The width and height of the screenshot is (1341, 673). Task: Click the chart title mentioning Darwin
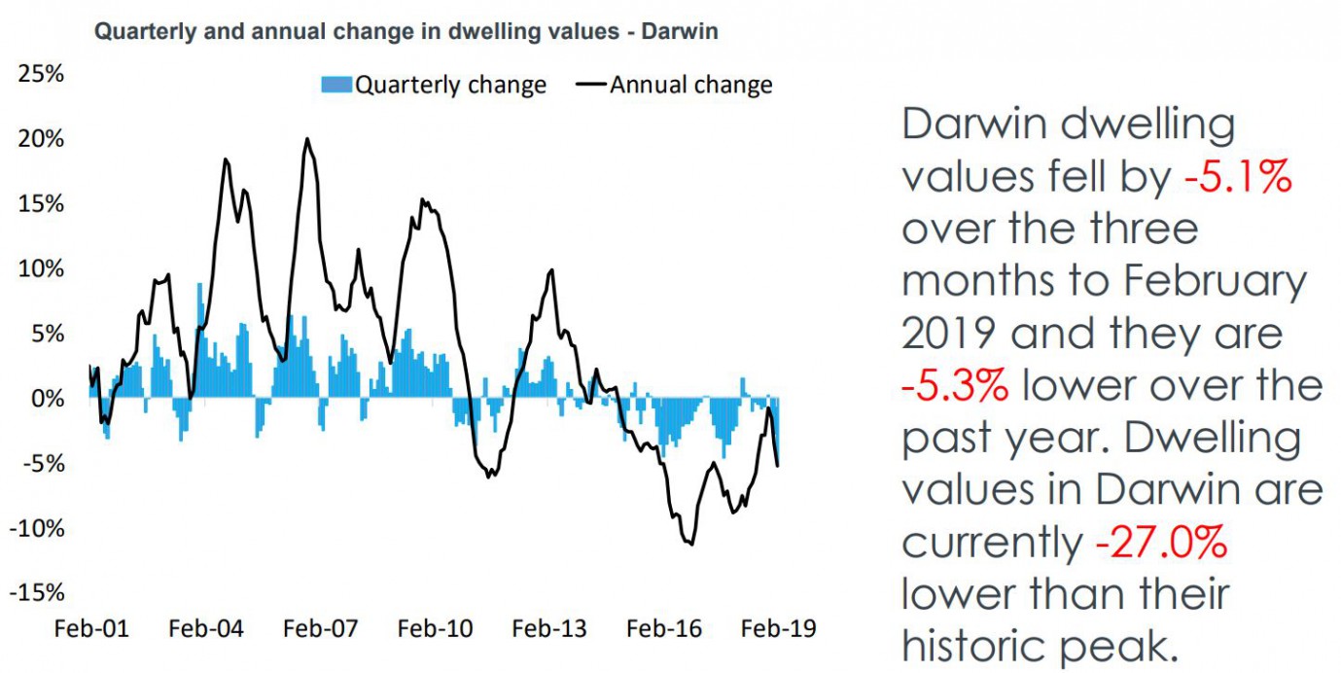[x=406, y=31]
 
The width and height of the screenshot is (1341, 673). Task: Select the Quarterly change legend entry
[x=434, y=85]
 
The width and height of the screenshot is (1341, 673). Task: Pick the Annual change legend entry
[x=678, y=85]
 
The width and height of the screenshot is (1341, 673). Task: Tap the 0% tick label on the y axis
[x=47, y=398]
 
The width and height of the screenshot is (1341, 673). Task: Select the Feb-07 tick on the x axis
[x=321, y=628]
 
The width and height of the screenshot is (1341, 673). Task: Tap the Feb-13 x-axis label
[x=550, y=628]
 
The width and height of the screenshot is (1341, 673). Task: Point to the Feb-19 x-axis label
[x=779, y=628]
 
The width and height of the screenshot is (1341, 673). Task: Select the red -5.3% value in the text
[x=954, y=386]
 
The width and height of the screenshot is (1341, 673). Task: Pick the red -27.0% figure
[x=1161, y=543]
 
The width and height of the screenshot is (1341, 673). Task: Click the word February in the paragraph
[x=1216, y=282]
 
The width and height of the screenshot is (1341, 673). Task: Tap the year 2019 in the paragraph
[x=949, y=334]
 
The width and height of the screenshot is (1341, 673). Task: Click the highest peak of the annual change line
[x=307, y=139]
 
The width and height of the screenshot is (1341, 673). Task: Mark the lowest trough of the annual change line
[x=691, y=544]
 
